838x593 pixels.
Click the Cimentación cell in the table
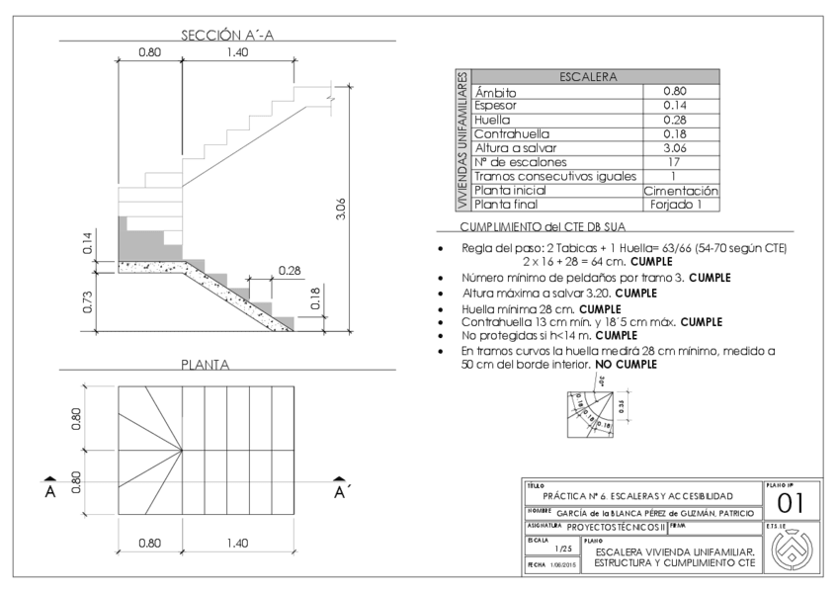coord(680,191)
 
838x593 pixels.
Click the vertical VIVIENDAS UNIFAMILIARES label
coord(461,140)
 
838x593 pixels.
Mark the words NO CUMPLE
coord(627,365)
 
